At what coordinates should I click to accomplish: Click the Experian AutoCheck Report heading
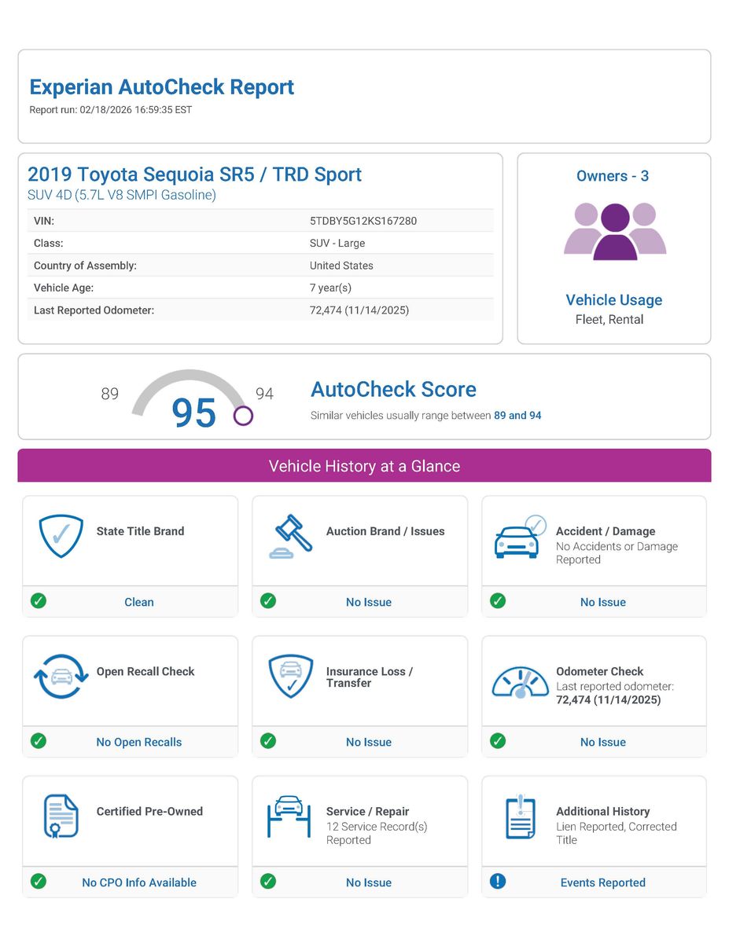click(161, 87)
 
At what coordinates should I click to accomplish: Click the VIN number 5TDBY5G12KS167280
click(363, 221)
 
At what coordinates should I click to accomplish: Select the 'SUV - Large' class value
click(337, 244)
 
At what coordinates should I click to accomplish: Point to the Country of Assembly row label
click(85, 266)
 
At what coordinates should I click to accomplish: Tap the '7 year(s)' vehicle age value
click(330, 288)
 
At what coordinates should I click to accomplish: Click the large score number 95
click(193, 413)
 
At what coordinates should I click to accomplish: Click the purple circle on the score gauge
click(243, 416)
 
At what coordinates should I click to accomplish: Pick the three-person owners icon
click(614, 231)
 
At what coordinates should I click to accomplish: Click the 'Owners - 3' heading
click(613, 176)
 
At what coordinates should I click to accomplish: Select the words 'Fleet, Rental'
click(609, 319)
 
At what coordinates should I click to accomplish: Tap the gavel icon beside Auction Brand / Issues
click(290, 536)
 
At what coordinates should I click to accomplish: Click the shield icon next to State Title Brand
click(61, 536)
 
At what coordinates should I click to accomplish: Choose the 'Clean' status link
click(139, 602)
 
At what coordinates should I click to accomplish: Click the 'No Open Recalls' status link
click(139, 742)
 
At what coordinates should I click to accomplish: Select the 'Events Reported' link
click(602, 882)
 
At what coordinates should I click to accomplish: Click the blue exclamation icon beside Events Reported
click(498, 881)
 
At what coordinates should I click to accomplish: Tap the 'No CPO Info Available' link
click(139, 882)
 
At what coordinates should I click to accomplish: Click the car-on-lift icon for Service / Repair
click(289, 816)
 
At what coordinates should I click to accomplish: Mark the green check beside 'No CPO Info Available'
click(38, 881)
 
